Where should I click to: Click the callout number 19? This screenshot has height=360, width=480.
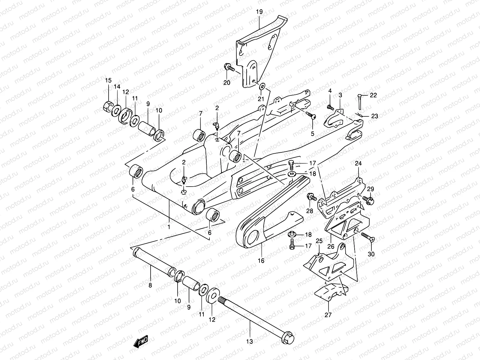(x=259, y=12)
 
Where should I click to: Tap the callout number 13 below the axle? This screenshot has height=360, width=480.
(x=250, y=341)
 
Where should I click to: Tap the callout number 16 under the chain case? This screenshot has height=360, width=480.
(x=261, y=261)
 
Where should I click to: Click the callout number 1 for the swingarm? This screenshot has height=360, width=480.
(x=169, y=227)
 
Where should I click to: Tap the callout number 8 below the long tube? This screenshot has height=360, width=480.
(x=150, y=285)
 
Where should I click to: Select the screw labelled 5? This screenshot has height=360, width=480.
(x=311, y=116)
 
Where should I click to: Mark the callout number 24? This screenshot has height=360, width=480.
(x=358, y=163)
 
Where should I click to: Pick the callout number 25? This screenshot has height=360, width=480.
(x=319, y=241)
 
